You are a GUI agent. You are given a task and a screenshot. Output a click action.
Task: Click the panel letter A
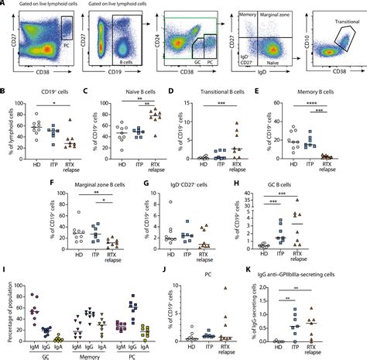pyautogui.click(x=5, y=5)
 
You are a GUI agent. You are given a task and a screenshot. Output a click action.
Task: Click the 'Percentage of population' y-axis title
pyautogui.click(x=7, y=310)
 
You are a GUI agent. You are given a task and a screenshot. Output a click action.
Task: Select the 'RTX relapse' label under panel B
pyautogui.click(x=72, y=170)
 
